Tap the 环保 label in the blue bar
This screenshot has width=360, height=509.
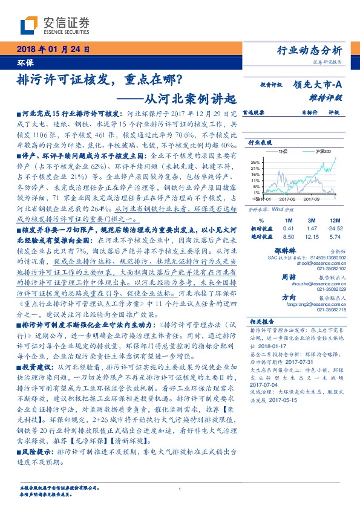pos(25,62)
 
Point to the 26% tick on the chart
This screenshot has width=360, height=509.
pos(256,162)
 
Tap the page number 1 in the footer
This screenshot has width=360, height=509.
pos(180,489)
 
